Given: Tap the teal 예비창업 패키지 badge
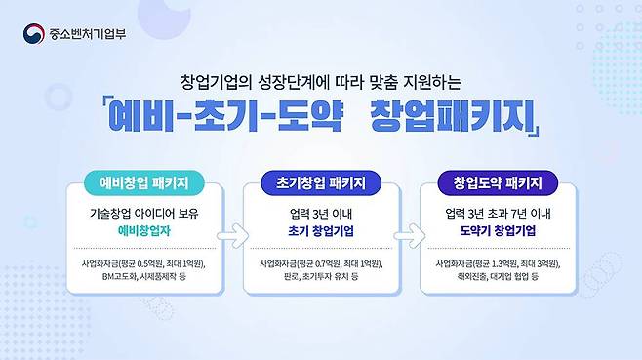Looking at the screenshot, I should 143,182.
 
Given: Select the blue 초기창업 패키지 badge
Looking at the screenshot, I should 321,182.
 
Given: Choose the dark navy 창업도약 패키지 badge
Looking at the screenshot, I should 498,182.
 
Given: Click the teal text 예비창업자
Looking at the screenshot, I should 143,232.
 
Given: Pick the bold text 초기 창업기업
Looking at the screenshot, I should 321,232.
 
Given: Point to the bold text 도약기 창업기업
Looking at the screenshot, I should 498,232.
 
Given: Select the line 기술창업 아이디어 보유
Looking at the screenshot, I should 143,212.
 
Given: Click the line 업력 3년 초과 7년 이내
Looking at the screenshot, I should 498,212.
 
